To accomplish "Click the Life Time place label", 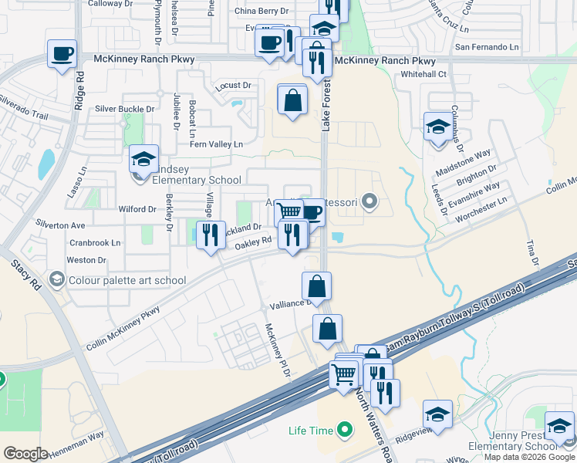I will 311,429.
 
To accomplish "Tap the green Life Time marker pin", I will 345,428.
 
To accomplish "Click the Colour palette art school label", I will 127,280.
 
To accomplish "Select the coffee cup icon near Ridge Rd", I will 62,54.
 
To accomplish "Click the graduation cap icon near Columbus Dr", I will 438,127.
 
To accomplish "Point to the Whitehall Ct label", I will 423,74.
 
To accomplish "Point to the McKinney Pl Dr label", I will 277,349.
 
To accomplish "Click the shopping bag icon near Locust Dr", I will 292,99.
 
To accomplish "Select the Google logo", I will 25,454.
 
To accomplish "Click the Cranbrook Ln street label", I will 95,242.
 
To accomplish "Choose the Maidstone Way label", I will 464,162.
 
